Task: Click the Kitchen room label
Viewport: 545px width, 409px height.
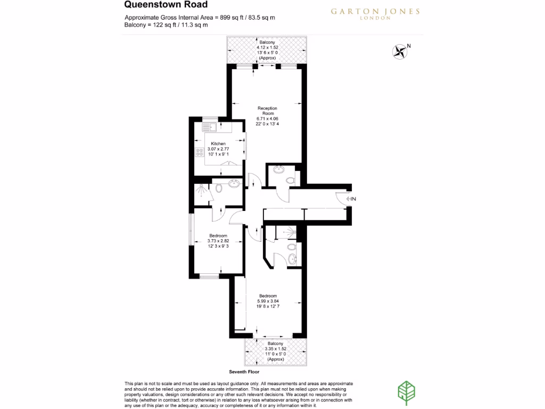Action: (x=218, y=144)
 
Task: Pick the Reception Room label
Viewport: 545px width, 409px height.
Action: (x=267, y=111)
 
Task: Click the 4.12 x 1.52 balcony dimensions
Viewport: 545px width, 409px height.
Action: (x=267, y=47)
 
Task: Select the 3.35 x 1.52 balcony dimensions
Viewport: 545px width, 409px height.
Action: (x=275, y=349)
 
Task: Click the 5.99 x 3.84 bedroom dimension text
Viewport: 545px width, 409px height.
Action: (x=268, y=301)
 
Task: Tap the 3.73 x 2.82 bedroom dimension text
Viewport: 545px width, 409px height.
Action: (x=218, y=241)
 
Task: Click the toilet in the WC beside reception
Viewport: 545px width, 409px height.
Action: (x=290, y=181)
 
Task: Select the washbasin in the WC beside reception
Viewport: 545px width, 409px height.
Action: (x=278, y=170)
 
